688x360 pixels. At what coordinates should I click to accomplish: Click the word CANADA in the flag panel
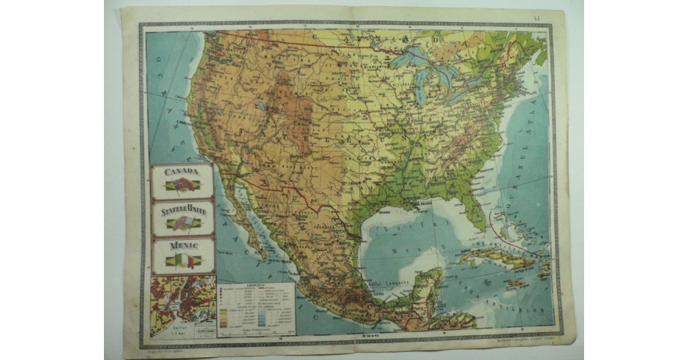pyautogui.click(x=182, y=171)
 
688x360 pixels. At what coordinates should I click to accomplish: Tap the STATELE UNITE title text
pyautogui.click(x=182, y=210)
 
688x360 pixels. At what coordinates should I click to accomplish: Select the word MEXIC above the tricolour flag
pyautogui.click(x=182, y=246)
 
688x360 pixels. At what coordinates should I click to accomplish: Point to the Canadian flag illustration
pyautogui.click(x=182, y=186)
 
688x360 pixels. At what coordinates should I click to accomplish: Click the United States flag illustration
pyautogui.click(x=182, y=223)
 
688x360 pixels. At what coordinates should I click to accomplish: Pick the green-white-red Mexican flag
pyautogui.click(x=182, y=260)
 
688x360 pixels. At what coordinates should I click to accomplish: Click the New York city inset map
pyautogui.click(x=182, y=304)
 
